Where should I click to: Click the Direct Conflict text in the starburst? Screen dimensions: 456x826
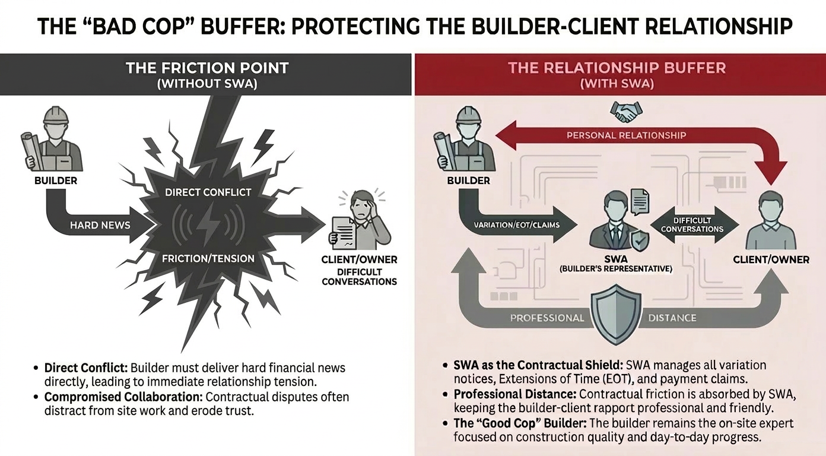208,192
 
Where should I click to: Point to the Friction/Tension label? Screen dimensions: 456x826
208,258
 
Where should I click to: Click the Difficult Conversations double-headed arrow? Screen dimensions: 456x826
692,224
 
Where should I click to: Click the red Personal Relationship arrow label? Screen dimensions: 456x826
626,135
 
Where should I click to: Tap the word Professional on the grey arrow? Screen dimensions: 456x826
547,318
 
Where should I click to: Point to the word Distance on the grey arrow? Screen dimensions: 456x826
672,318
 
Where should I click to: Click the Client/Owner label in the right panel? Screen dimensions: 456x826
771,259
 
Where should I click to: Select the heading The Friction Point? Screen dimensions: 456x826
206,68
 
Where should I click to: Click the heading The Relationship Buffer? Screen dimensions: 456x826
617,68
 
